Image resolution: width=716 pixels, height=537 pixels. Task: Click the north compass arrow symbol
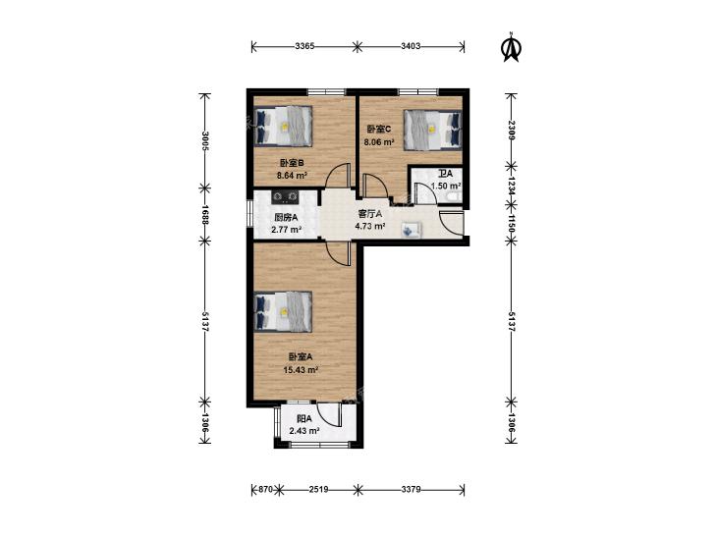point(512,46)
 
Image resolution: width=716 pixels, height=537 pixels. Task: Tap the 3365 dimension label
point(304,45)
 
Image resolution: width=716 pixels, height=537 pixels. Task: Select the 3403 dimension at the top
point(411,45)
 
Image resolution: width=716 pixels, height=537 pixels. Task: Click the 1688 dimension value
point(205,214)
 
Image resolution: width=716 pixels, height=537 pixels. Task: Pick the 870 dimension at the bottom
point(266,490)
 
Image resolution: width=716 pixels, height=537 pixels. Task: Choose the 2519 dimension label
point(319,490)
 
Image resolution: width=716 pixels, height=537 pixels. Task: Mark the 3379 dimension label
point(411,490)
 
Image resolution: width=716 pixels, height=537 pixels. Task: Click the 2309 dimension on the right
point(512,131)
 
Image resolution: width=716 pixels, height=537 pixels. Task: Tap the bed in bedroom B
point(283,126)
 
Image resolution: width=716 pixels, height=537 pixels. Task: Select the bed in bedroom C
point(432,130)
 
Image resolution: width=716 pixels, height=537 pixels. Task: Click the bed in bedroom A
point(283,311)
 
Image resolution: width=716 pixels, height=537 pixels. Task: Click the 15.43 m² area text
point(301,370)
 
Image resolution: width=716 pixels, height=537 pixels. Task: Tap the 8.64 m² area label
point(292,175)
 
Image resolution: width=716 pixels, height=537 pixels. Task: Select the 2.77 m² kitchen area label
point(287,230)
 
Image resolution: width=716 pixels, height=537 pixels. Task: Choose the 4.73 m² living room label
point(370,226)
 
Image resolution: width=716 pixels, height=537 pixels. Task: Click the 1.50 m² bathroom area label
point(446,186)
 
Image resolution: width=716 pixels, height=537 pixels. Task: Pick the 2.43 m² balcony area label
point(304,430)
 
